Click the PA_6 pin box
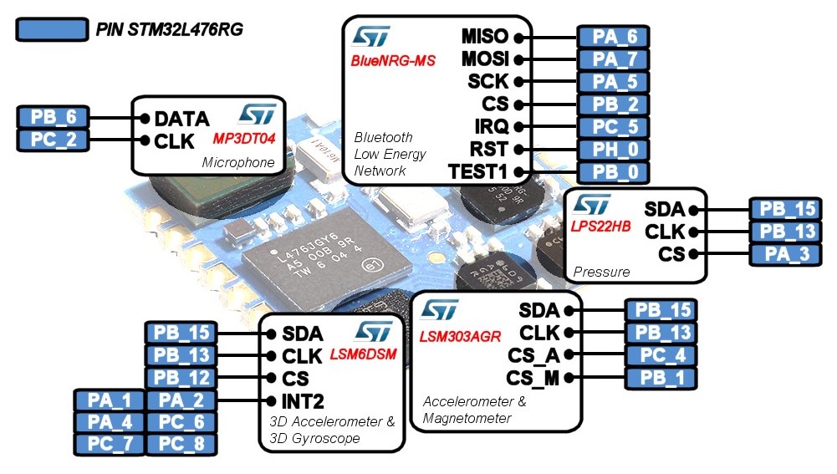coord(613,37)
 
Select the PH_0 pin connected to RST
coord(613,150)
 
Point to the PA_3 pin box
coord(785,253)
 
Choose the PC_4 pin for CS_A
coord(661,355)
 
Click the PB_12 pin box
coord(181,378)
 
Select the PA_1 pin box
coord(110,400)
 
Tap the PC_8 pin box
coord(181,444)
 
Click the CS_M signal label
coord(533,378)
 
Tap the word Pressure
coord(602,272)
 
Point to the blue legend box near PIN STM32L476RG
coord(52,30)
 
